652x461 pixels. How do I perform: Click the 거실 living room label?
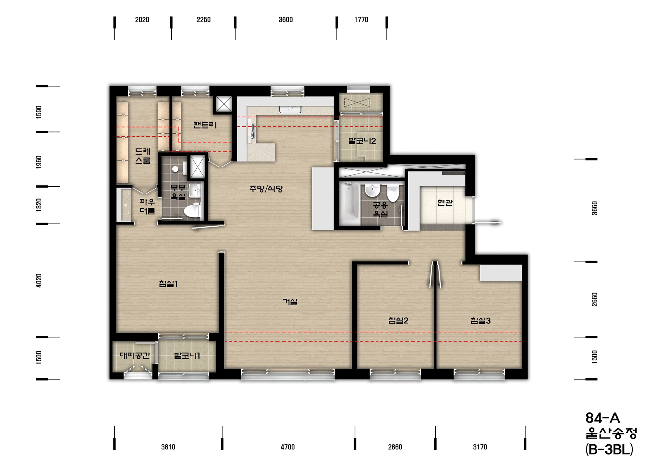[x=290, y=302]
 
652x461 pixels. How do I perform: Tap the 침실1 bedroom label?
[x=168, y=284]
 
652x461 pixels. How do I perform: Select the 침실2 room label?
[x=398, y=320]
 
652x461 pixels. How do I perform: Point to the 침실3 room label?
[x=481, y=320]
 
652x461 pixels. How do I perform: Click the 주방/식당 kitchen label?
[x=266, y=189]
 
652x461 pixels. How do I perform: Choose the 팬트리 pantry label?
[x=205, y=125]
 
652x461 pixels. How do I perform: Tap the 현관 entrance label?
[x=445, y=203]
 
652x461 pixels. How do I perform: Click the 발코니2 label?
[x=362, y=141]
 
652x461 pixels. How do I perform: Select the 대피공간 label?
[x=135, y=356]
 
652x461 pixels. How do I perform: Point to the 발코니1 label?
[x=187, y=356]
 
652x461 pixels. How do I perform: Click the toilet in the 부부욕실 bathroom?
[x=192, y=211]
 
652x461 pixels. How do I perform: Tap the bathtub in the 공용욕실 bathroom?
[x=350, y=204]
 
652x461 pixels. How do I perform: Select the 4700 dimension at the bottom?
[x=288, y=447]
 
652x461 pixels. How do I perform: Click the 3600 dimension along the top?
[x=286, y=20]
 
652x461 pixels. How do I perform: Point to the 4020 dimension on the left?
[x=39, y=281]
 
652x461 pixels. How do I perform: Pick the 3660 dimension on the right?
[x=594, y=208]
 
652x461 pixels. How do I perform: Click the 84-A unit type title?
[x=603, y=418]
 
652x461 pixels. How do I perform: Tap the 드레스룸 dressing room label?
[x=143, y=156]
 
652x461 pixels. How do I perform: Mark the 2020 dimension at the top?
[x=142, y=20]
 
